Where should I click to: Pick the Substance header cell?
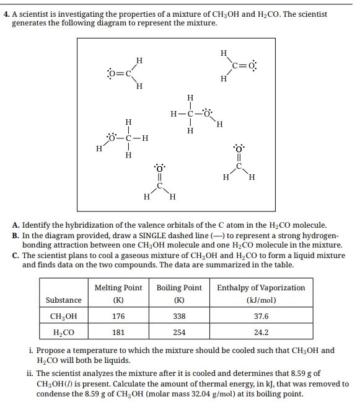pos(63,300)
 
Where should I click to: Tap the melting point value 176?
pos(118,316)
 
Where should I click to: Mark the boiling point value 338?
pos(179,316)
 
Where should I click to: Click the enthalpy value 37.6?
pos(261,316)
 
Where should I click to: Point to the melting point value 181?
pos(118,333)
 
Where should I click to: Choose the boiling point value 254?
pos(179,333)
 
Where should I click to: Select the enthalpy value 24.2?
pos(261,333)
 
